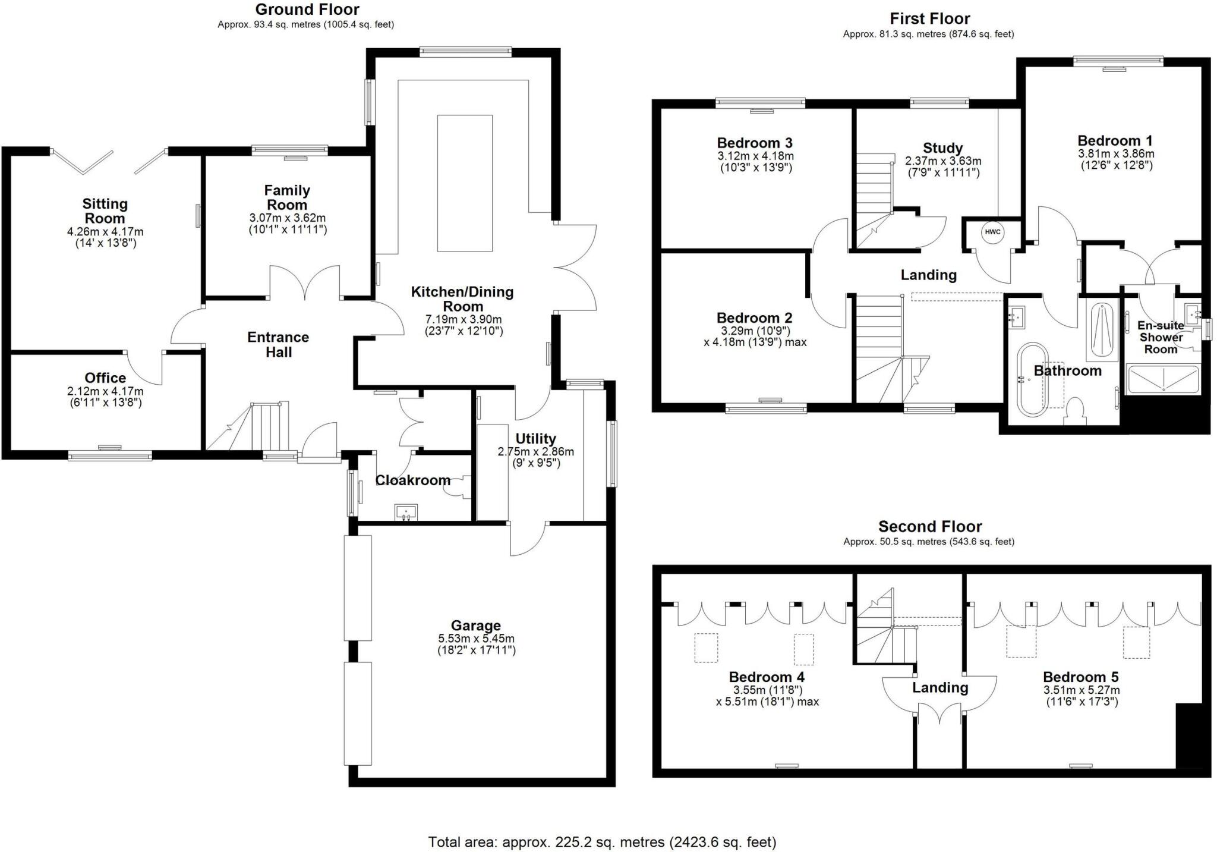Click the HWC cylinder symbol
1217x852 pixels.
click(x=992, y=232)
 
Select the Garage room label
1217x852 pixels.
click(x=475, y=625)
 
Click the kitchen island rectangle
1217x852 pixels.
click(x=465, y=183)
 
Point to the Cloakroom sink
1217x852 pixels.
click(x=406, y=513)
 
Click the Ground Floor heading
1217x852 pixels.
click(x=307, y=10)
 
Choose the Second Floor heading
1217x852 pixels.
click(x=930, y=526)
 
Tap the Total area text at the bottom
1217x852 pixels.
click(x=602, y=842)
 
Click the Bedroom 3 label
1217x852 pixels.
click(x=755, y=143)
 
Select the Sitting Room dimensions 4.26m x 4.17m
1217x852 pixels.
click(x=105, y=231)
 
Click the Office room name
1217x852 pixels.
click(x=105, y=378)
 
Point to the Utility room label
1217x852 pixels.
click(x=535, y=439)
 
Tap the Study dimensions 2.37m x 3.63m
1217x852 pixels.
click(x=943, y=161)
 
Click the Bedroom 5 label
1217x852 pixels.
click(x=1080, y=677)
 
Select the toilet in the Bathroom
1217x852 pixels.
click(x=1074, y=410)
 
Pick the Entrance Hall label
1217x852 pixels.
click(x=278, y=345)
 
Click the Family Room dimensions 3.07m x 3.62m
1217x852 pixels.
click(x=288, y=218)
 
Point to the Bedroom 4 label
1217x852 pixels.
click(x=767, y=677)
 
